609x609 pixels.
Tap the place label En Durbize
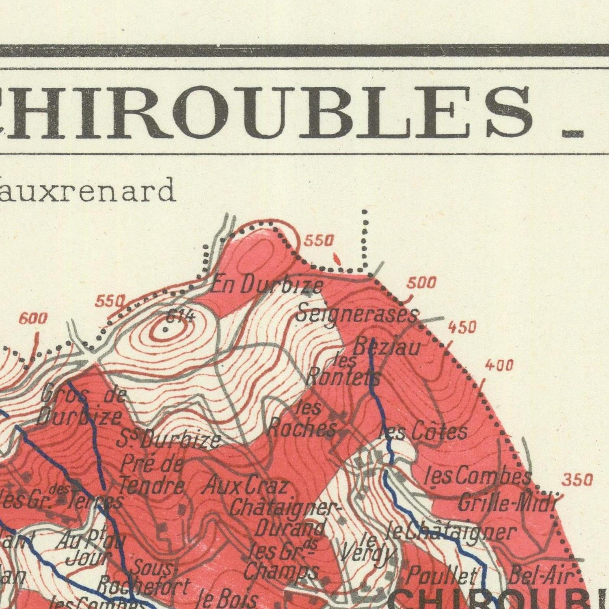tap(267, 286)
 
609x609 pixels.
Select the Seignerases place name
tap(356, 313)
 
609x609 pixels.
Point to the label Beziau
tap(386, 348)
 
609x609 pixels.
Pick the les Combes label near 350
tap(477, 477)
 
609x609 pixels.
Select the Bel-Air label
tap(542, 576)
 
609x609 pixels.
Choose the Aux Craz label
tap(246, 486)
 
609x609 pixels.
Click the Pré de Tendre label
tap(152, 474)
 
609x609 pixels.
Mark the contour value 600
tap(33, 319)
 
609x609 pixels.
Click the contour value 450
tap(462, 327)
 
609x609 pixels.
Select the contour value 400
tap(499, 366)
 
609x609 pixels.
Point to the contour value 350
tap(577, 480)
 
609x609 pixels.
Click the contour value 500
tap(421, 283)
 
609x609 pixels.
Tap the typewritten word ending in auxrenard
tap(87, 191)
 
